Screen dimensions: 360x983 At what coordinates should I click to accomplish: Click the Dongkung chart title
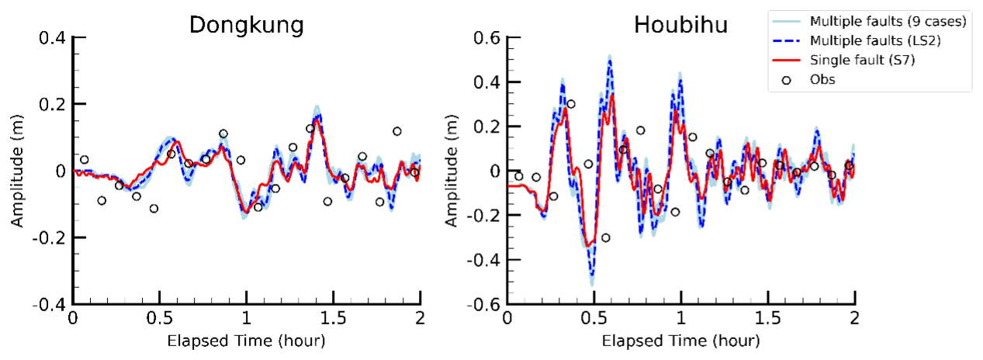[246, 25]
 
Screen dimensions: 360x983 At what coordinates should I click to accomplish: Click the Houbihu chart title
[680, 25]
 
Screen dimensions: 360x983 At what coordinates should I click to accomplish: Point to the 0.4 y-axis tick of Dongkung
[52, 37]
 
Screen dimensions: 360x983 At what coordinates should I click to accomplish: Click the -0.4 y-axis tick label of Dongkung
[50, 304]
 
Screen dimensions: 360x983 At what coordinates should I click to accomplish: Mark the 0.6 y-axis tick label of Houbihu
[486, 37]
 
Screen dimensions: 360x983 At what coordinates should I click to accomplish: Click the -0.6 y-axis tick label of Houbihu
[483, 304]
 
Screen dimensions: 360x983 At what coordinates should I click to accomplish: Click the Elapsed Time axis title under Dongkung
[247, 341]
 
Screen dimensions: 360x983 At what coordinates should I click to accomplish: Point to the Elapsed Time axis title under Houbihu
[680, 341]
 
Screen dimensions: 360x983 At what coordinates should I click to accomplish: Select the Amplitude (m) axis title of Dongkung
[16, 171]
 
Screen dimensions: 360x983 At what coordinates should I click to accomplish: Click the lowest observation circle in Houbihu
[605, 237]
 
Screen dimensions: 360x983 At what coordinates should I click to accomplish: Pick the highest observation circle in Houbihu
[571, 104]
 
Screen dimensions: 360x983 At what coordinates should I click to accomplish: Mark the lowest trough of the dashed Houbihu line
[591, 274]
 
